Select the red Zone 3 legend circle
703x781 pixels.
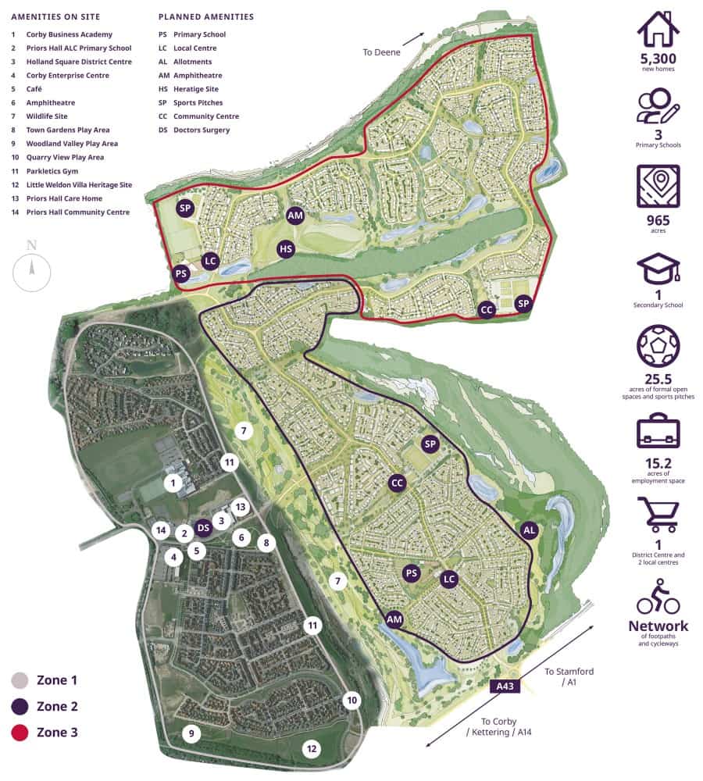point(20,733)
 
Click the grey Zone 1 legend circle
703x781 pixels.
point(20,680)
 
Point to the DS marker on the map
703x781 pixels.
point(203,527)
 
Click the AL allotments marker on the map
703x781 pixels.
point(529,530)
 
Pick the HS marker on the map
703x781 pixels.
point(287,249)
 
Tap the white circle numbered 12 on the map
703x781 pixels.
point(312,749)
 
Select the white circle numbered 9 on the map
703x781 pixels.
point(191,733)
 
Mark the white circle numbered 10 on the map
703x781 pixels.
point(351,700)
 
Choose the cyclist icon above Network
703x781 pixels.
point(658,597)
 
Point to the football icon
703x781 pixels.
point(658,346)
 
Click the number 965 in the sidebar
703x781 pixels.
point(658,221)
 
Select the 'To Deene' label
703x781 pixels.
point(380,52)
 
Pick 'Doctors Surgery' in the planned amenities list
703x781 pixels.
point(202,130)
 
